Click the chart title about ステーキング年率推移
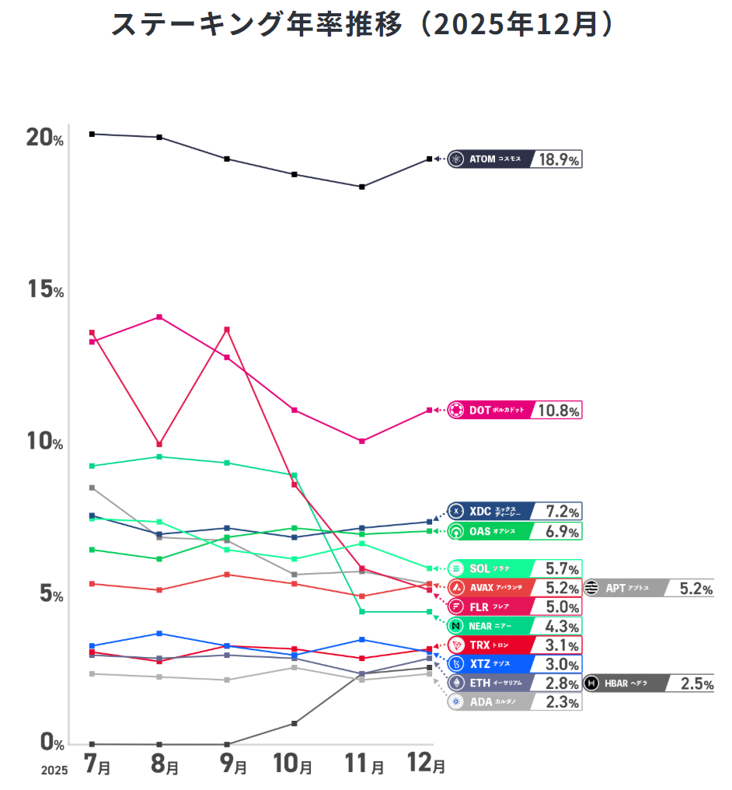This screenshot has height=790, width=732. point(365,24)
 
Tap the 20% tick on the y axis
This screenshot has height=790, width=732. point(45,138)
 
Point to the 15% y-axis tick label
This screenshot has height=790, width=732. point(45,290)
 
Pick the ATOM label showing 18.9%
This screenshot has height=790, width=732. point(514,159)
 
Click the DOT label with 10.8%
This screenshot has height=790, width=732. point(514,410)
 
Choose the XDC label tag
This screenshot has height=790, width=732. point(514,512)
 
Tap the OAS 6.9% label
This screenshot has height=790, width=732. point(514,531)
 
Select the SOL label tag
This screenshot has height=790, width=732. point(514,568)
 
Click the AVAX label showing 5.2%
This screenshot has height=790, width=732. point(514,588)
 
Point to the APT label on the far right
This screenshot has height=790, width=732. point(649,588)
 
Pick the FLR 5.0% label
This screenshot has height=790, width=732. point(514,606)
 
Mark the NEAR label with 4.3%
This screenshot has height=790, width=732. point(514,626)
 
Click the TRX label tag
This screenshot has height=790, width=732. point(514,645)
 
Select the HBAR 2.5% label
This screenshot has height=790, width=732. point(649,683)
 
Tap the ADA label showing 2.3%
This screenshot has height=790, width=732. point(514,702)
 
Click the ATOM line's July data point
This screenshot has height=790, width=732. point(92,134)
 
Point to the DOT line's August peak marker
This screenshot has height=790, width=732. point(159,317)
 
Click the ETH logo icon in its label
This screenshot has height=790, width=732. point(457,683)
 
